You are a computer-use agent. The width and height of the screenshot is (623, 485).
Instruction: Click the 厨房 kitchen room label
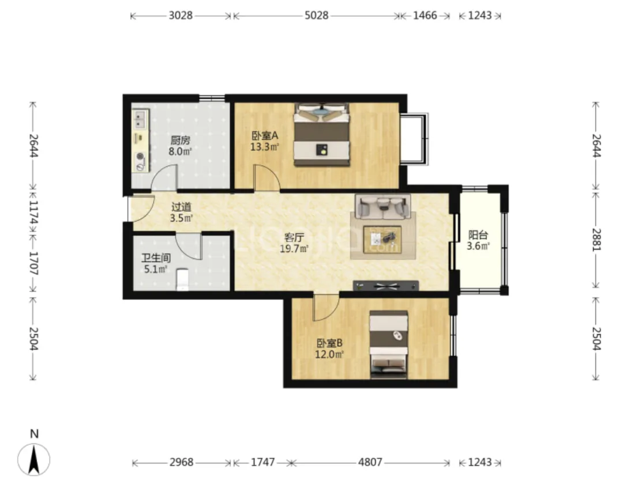pyautogui.click(x=181, y=140)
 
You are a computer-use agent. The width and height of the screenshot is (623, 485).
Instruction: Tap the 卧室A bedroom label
pyautogui.click(x=265, y=136)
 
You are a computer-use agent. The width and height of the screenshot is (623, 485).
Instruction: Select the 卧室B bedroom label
pyautogui.click(x=329, y=343)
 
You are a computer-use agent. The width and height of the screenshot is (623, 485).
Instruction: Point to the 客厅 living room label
pyautogui.click(x=294, y=238)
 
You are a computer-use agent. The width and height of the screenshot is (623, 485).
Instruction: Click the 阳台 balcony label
pyautogui.click(x=478, y=234)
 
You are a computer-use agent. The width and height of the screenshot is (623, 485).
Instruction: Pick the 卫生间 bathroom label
pyautogui.click(x=156, y=259)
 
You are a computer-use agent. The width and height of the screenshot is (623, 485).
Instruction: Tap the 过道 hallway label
pyautogui.click(x=181, y=207)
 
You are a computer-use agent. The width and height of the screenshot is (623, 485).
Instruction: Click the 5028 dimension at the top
pyautogui.click(x=317, y=16)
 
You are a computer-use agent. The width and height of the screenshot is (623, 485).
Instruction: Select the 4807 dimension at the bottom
pyautogui.click(x=370, y=463)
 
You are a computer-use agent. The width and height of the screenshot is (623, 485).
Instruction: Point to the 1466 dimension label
pyautogui.click(x=425, y=16)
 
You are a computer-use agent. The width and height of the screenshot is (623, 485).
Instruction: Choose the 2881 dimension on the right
pyautogui.click(x=596, y=239)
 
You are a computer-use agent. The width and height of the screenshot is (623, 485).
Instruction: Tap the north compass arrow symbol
pyautogui.click(x=34, y=460)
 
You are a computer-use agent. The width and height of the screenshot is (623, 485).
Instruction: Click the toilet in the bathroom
pyautogui.click(x=182, y=279)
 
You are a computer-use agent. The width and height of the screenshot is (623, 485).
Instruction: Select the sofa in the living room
pyautogui.click(x=382, y=207)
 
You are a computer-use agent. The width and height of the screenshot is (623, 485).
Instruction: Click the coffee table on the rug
pyautogui.click(x=382, y=240)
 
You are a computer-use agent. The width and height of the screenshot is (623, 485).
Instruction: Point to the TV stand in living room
pyautogui.click(x=386, y=285)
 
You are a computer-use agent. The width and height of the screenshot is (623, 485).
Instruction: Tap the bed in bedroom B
pyautogui.click(x=389, y=344)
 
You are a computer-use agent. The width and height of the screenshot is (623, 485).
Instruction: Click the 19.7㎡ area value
pyautogui.click(x=294, y=249)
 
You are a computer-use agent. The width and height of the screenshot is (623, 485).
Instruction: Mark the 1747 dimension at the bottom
pyautogui.click(x=262, y=463)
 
